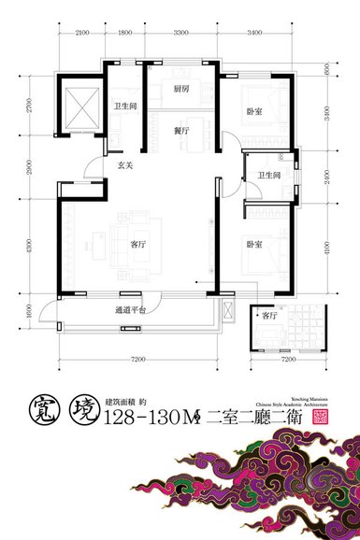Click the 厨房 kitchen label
tap(182, 89)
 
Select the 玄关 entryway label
tap(124, 165)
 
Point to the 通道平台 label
tap(130, 307)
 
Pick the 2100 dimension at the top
tap(81, 33)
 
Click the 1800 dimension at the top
tap(126, 33)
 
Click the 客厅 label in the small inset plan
tap(269, 316)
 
